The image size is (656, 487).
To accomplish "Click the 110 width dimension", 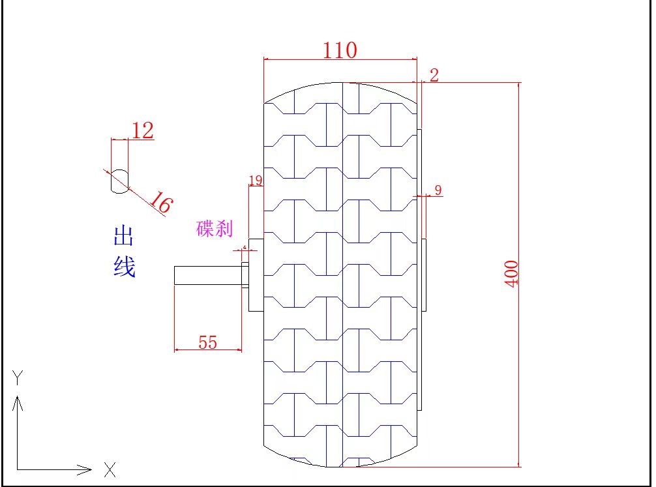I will point(340,50).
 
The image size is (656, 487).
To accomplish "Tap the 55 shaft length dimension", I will point(207,342).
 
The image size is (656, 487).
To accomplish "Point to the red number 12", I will point(142,130).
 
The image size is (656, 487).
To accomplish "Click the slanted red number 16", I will point(160,203).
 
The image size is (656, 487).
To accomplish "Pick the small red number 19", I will point(256,180).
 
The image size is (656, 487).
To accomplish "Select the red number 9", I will point(438,190).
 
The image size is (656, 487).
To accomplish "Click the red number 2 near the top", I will point(434,75).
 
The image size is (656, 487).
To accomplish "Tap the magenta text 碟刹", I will point(214,229).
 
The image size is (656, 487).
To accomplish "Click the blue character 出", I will point(123,236).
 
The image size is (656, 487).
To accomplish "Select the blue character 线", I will point(124,266).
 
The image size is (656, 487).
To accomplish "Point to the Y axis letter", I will point(19,377).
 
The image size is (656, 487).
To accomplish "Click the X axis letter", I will point(110,468).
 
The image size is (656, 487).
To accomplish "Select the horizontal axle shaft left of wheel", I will point(207,275).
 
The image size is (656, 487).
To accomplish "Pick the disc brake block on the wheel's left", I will point(256,274).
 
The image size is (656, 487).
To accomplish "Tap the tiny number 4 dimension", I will point(245,248).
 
